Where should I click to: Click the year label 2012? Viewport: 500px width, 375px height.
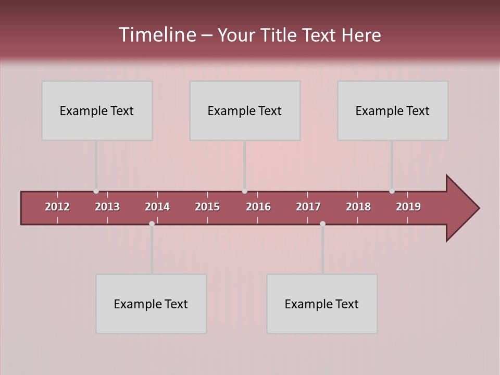pos(57,207)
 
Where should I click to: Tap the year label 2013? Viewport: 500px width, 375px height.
pos(107,207)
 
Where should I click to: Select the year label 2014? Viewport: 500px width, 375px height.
pos(157,207)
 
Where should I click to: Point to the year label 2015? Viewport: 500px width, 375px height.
pos(207,207)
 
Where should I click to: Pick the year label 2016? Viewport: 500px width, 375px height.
pos(258,207)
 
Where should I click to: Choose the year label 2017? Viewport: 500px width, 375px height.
pos(308,207)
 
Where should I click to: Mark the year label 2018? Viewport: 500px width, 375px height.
pos(358,207)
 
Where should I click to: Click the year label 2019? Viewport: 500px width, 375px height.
pos(408,207)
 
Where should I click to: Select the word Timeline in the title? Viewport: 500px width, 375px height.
pos(157,35)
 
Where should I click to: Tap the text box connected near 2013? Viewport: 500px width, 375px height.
pos(97,110)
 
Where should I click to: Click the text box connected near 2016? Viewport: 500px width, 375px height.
pos(245,110)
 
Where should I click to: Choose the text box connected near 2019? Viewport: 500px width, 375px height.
pos(393,110)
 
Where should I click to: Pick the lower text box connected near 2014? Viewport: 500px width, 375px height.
pos(151,304)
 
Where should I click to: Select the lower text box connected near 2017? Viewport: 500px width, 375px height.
pos(322,304)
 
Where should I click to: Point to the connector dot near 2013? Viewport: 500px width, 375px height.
pos(96,191)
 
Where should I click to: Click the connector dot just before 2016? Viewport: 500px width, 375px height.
pos(244,191)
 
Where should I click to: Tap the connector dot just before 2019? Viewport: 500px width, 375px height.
pos(392,191)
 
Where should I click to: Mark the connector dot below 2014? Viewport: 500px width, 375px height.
pos(152,223)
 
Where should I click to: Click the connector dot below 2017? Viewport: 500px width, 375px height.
pos(322,223)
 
